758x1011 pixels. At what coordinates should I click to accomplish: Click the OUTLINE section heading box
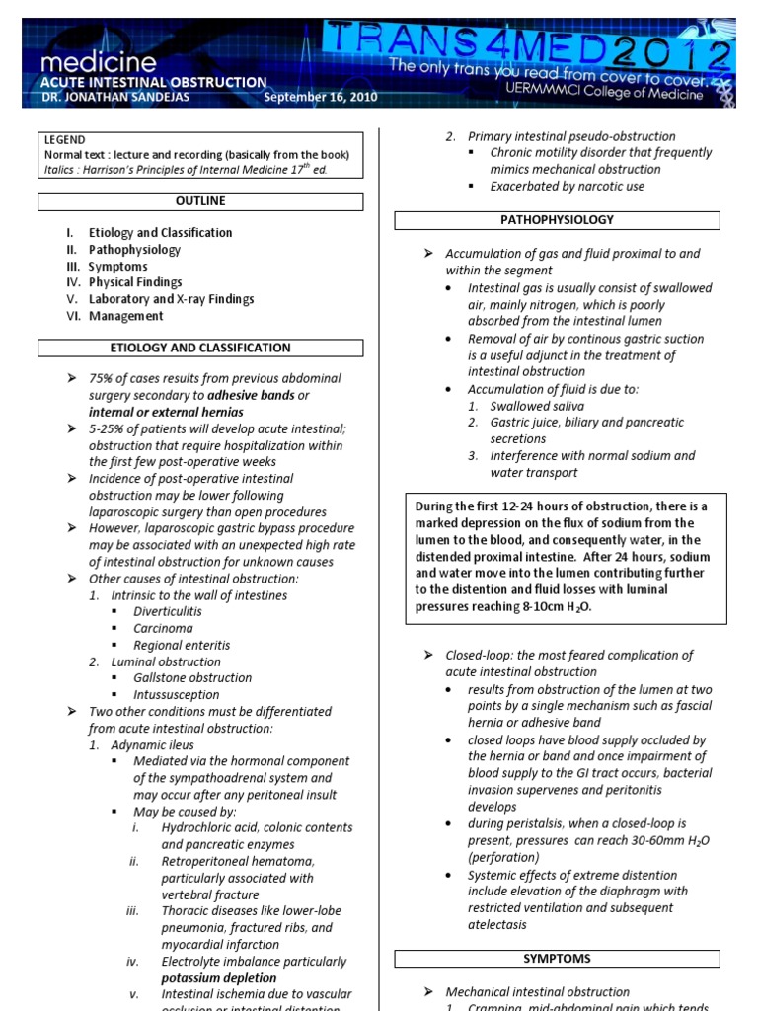[x=200, y=201]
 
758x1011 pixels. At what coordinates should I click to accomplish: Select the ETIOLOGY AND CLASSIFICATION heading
[x=200, y=348]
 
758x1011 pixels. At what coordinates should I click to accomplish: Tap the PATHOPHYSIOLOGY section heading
[x=557, y=220]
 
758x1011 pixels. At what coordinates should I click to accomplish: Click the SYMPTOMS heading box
[x=557, y=959]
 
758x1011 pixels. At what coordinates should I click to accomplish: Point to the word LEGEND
[x=65, y=140]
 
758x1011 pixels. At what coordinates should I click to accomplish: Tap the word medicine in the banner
[x=98, y=62]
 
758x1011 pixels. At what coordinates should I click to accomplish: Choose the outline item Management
[x=126, y=316]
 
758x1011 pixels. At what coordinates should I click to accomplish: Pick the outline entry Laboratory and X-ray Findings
[x=171, y=299]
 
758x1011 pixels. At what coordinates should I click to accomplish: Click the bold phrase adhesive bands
[x=252, y=395]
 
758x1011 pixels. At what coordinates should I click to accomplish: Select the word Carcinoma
[x=164, y=628]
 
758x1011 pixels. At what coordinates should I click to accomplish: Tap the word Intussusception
[x=177, y=694]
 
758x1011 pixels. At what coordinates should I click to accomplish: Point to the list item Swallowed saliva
[x=537, y=406]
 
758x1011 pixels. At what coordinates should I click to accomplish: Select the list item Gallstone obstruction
[x=192, y=678]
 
